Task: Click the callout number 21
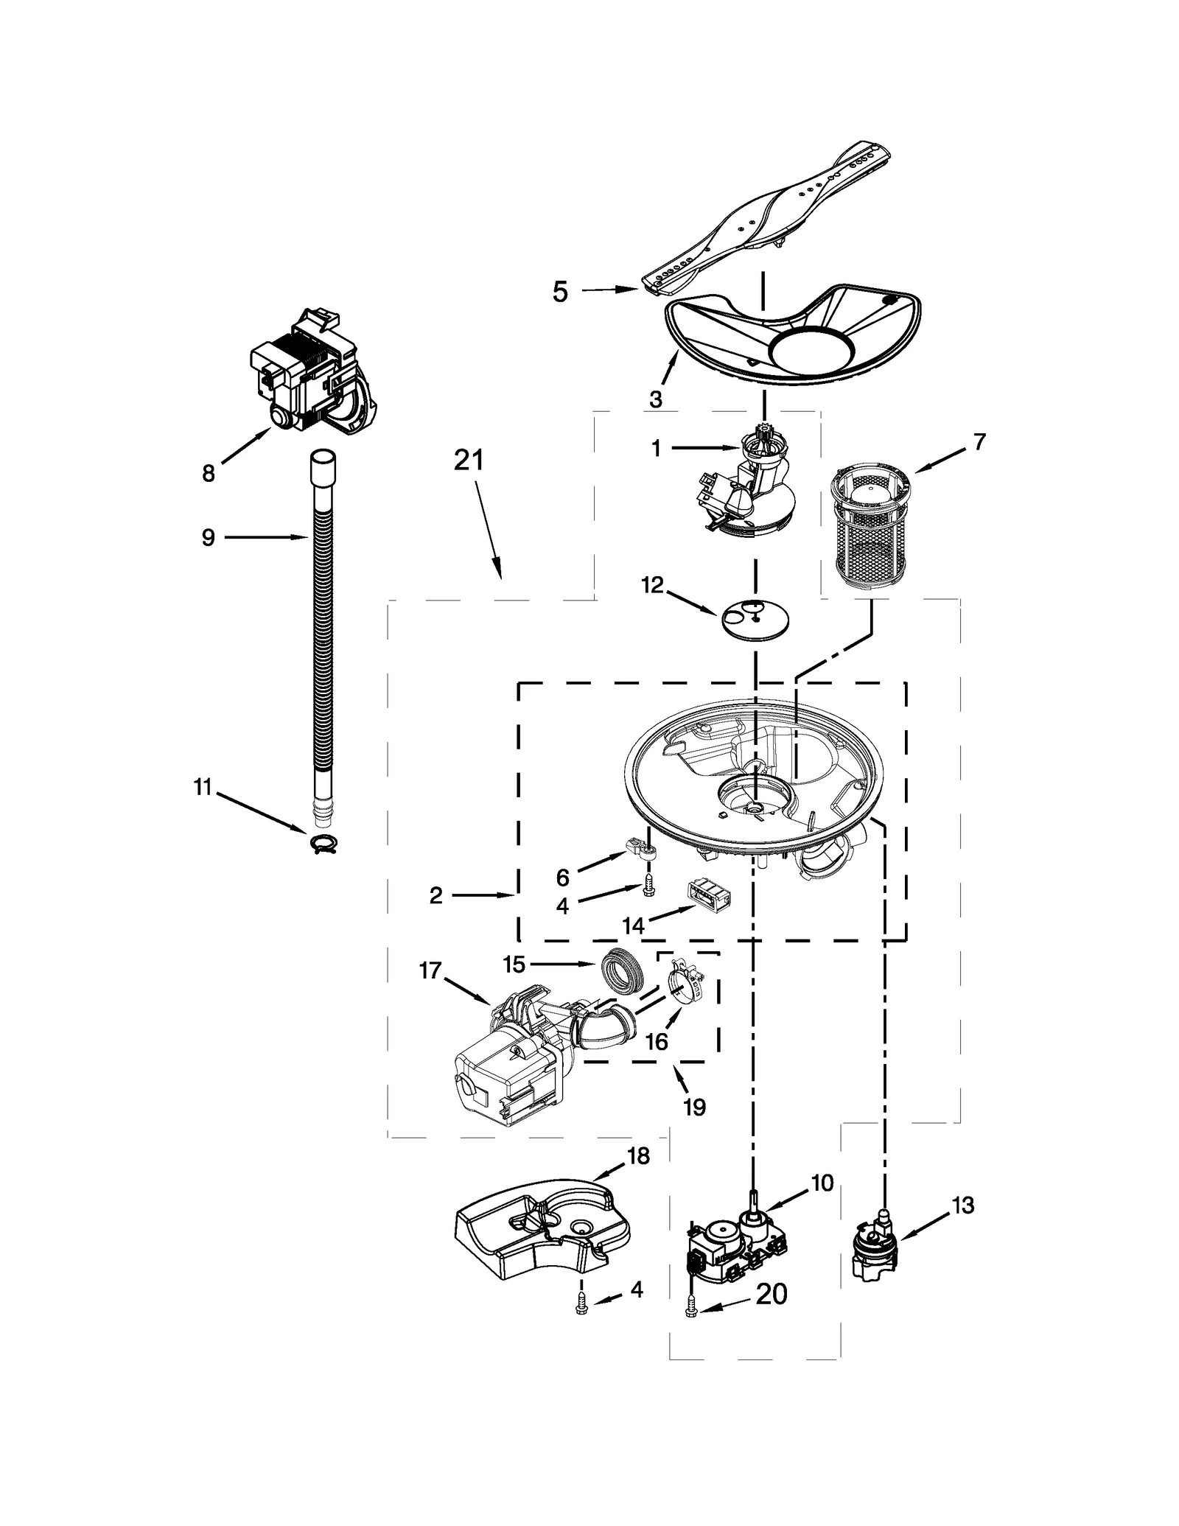[469, 461]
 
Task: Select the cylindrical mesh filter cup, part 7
[870, 529]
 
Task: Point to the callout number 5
[561, 292]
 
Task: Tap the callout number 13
[963, 1206]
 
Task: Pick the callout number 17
[430, 971]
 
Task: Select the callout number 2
[436, 895]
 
